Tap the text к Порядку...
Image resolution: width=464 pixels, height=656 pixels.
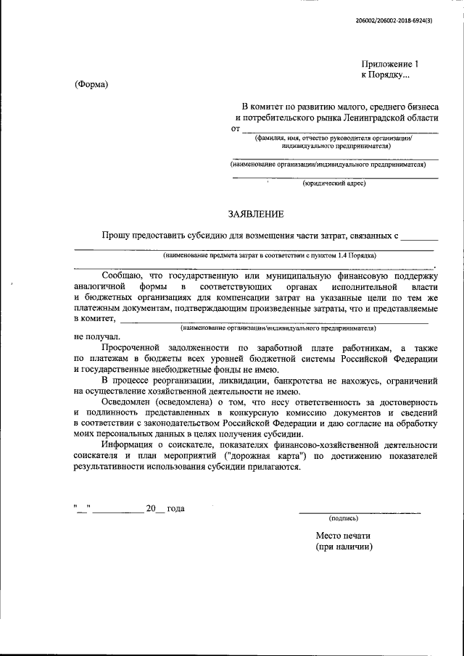385,75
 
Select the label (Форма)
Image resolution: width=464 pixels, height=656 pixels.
91,85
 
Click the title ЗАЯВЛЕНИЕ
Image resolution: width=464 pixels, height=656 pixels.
251,214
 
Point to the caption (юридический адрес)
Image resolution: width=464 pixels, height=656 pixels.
334,183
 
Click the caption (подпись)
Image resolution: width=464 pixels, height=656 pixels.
343,518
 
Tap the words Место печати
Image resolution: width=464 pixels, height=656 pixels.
344,536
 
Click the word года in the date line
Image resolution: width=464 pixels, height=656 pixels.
175,508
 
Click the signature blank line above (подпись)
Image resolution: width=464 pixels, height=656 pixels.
360,512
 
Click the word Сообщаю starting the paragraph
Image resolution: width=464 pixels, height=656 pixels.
123,276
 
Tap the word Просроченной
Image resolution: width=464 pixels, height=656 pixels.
136,349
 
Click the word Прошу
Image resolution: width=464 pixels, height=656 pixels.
116,236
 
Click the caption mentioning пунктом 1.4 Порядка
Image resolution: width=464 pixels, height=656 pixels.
270,255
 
